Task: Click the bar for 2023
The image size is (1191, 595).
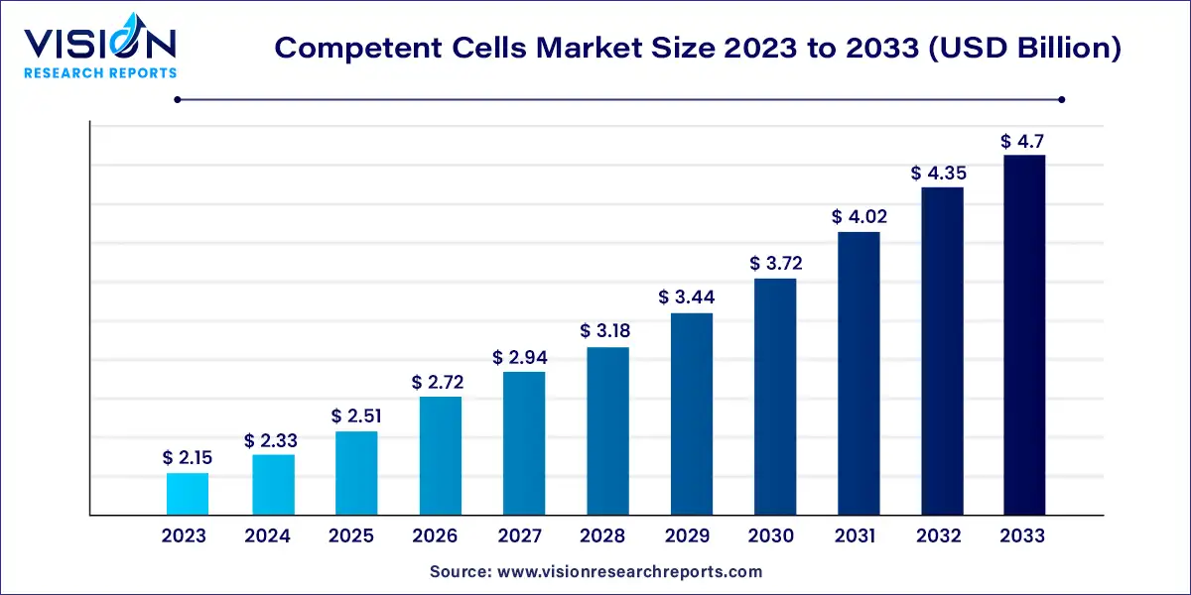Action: pyautogui.click(x=188, y=494)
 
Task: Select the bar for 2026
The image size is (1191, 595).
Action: pyautogui.click(x=440, y=456)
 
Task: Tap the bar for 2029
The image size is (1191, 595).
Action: pyautogui.click(x=691, y=415)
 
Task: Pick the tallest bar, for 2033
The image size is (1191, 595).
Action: pyautogui.click(x=1024, y=335)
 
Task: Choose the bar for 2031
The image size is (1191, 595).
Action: pyautogui.click(x=858, y=374)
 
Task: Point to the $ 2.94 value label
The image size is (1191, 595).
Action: pyautogui.click(x=523, y=357)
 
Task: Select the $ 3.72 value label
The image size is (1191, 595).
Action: pyautogui.click(x=774, y=264)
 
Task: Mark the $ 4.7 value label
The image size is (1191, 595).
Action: pyautogui.click(x=1024, y=141)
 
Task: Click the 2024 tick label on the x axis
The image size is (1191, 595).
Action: pyautogui.click(x=268, y=536)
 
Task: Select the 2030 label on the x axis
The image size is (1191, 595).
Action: pyautogui.click(x=770, y=536)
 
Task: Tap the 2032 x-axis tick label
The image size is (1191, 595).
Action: pyautogui.click(x=938, y=536)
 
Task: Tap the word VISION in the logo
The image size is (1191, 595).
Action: pyautogui.click(x=100, y=44)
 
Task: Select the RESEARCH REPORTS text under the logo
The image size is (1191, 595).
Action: pyautogui.click(x=100, y=72)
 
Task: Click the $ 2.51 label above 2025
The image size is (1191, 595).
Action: pyautogui.click(x=355, y=416)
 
